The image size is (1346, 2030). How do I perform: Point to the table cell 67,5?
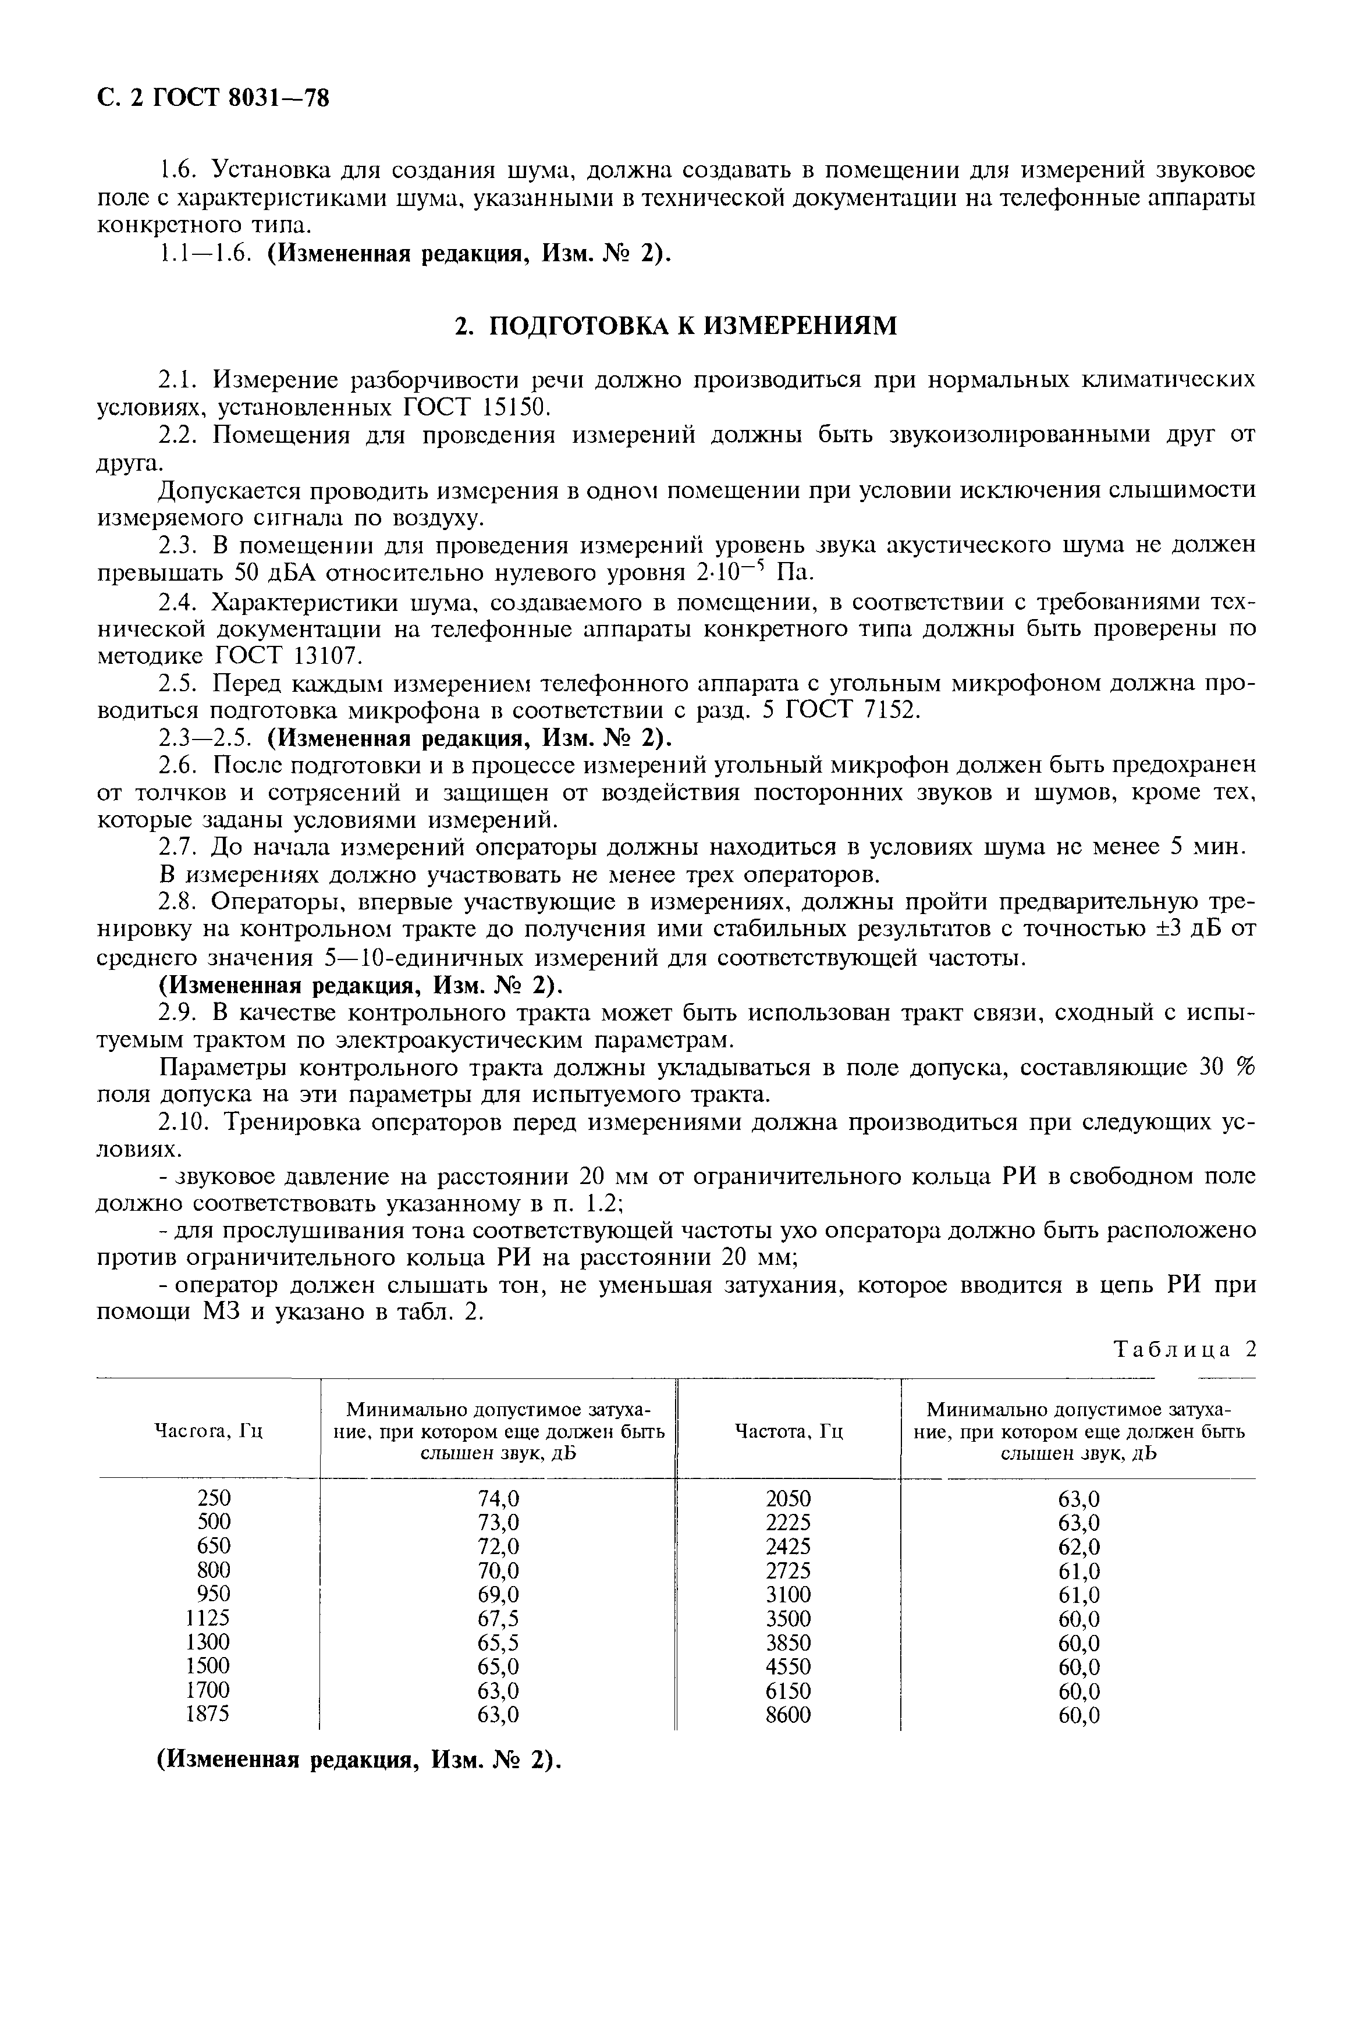point(498,1618)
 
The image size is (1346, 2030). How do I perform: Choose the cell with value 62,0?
point(1078,1547)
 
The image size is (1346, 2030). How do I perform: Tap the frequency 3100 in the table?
point(787,1595)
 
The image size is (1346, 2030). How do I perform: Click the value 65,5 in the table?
point(498,1642)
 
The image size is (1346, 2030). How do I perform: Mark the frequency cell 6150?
point(787,1691)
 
